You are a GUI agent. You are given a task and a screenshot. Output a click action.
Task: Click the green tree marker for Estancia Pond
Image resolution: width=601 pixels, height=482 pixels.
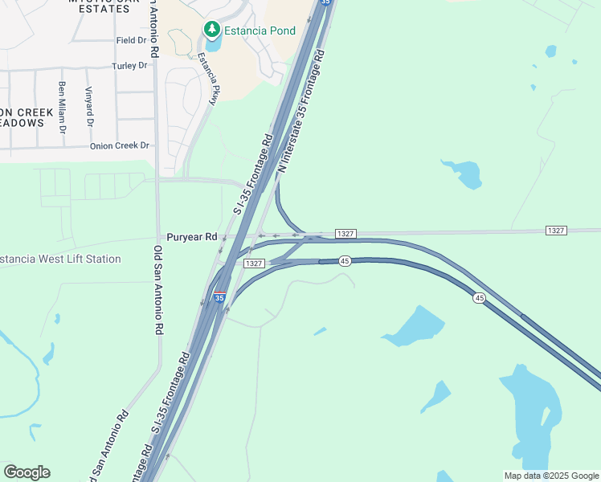point(211,31)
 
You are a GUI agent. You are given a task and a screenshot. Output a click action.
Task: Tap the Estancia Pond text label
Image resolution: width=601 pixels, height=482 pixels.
point(260,31)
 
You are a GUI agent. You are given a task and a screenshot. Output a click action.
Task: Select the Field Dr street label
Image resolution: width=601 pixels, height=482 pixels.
point(131,39)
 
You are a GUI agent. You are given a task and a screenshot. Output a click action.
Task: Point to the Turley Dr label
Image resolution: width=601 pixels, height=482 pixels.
point(131,65)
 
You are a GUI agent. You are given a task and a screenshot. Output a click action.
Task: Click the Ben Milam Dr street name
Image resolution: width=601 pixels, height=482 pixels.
point(62,106)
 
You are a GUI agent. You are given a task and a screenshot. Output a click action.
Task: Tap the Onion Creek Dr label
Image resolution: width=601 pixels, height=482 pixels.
point(120,145)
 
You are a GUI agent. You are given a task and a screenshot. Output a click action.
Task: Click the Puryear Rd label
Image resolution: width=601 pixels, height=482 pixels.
point(192,237)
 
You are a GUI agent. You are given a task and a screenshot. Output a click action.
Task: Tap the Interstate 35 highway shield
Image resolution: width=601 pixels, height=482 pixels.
point(219,297)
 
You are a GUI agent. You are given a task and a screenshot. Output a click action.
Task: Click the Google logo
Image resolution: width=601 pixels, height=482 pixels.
point(27,472)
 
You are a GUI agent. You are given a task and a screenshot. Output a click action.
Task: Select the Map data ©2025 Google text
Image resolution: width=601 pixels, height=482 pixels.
point(551,476)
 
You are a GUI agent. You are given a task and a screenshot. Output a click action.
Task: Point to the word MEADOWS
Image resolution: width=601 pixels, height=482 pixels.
point(21,123)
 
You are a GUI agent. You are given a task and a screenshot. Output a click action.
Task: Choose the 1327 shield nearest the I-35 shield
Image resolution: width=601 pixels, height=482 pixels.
point(254,263)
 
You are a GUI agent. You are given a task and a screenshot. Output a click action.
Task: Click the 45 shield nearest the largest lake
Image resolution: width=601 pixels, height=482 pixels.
point(479,298)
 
